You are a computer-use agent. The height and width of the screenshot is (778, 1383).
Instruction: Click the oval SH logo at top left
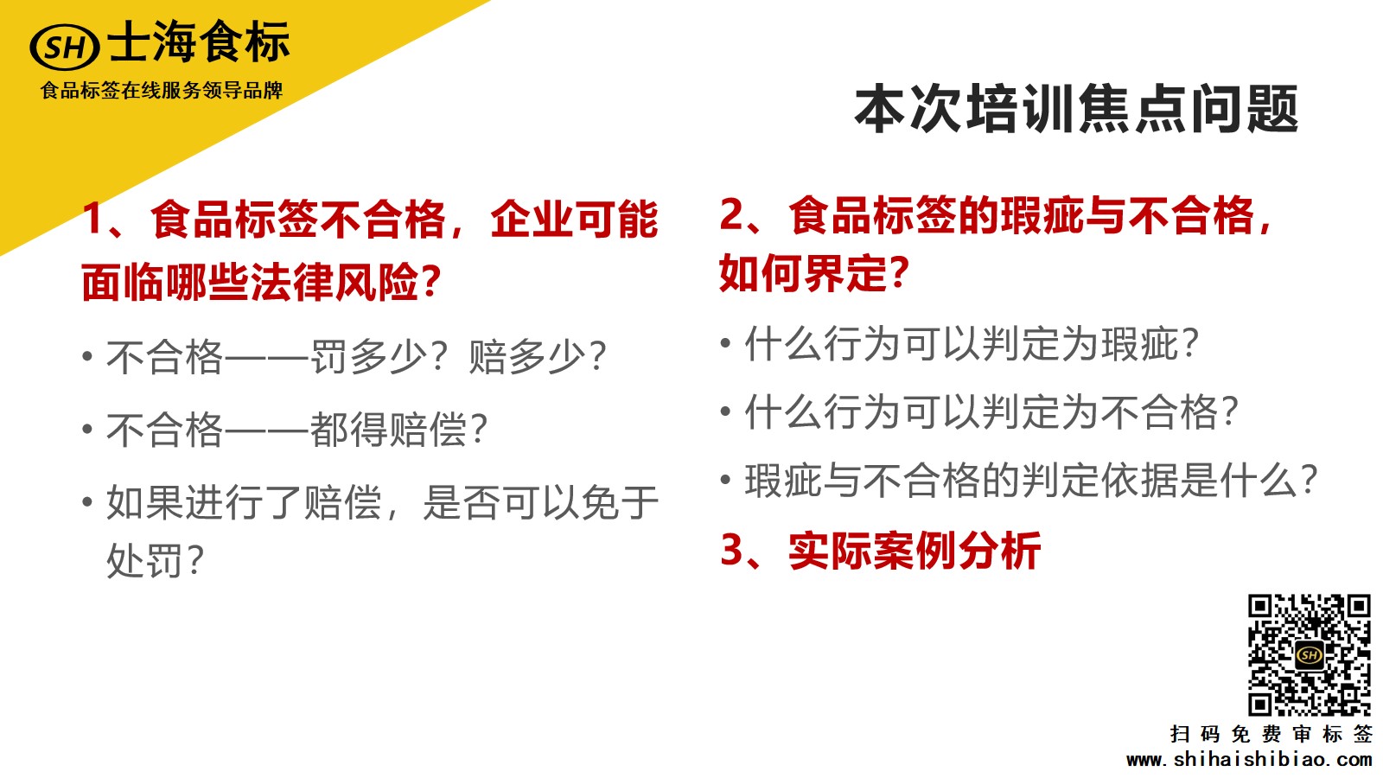tap(64, 47)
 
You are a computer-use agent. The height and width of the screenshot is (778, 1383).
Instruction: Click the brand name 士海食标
tap(200, 41)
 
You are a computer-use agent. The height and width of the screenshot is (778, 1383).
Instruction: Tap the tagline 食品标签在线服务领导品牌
tap(162, 91)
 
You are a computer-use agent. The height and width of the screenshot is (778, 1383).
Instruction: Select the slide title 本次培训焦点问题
tap(1077, 110)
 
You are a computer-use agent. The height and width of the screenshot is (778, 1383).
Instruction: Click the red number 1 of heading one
tap(93, 219)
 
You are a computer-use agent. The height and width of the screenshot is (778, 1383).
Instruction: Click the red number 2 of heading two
tap(732, 215)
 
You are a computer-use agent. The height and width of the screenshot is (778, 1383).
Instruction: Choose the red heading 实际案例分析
tap(915, 551)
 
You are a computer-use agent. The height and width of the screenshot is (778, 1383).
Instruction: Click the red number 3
tap(732, 550)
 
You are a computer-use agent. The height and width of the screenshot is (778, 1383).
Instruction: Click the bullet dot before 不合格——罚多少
tap(87, 356)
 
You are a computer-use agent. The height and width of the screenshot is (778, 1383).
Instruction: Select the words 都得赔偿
tap(388, 429)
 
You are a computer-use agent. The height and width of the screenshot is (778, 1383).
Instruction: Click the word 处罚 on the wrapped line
tap(145, 560)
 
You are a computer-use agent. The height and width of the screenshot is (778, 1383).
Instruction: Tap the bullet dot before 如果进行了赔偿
tap(87, 501)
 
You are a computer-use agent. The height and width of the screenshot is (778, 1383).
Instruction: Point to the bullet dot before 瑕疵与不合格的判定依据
tap(726, 480)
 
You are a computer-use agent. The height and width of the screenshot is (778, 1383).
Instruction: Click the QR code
tap(1309, 655)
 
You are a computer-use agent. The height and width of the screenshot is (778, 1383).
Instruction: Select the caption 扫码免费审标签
tap(1271, 734)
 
